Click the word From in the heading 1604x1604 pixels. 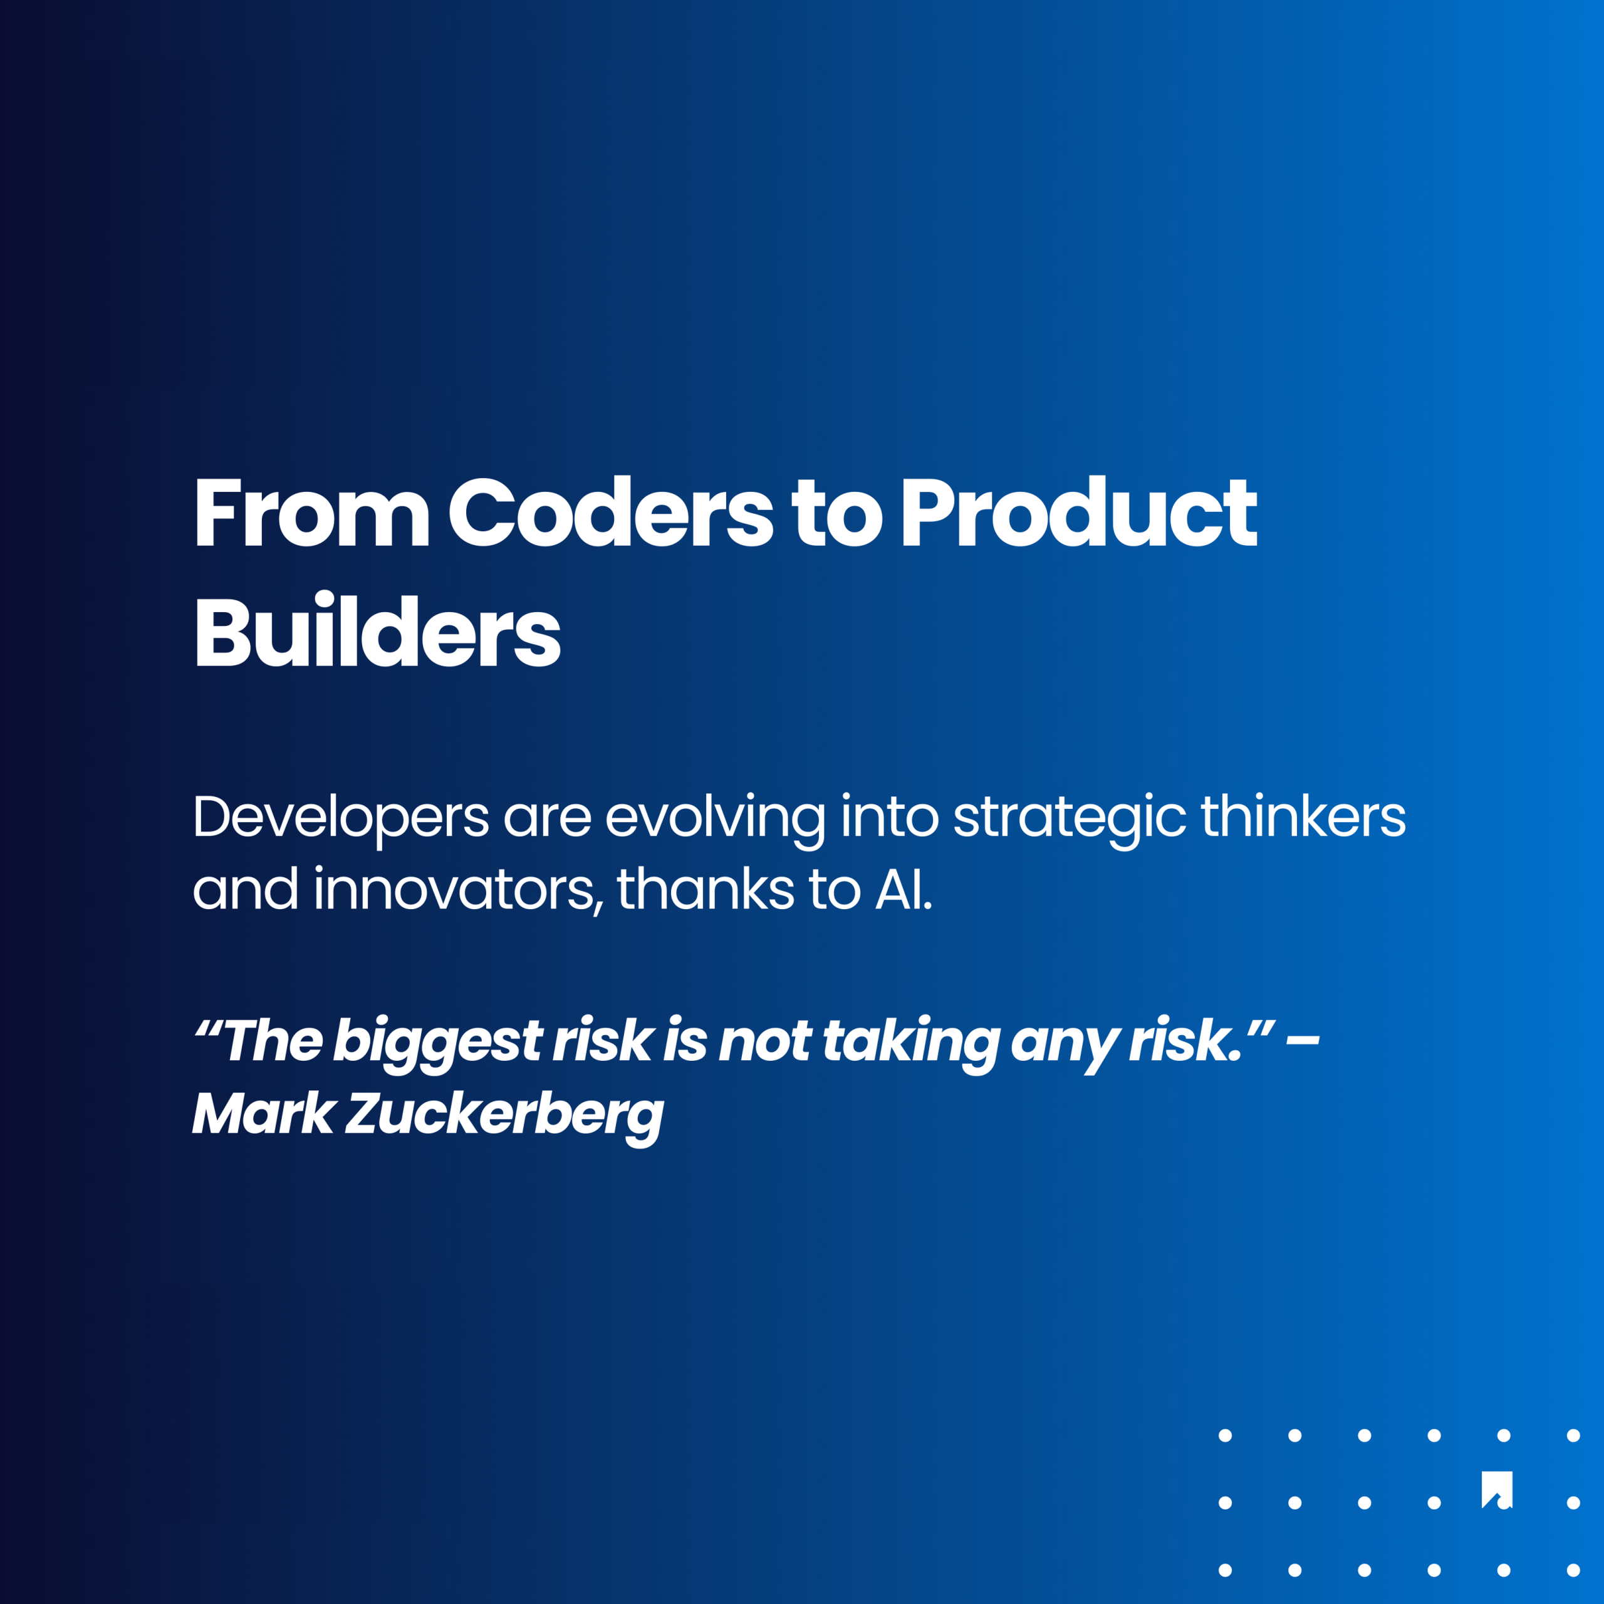click(311, 513)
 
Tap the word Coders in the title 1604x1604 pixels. click(610, 513)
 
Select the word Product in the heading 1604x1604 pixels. click(1080, 513)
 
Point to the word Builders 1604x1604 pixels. click(378, 633)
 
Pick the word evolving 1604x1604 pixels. click(715, 818)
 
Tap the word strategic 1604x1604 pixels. click(1070, 818)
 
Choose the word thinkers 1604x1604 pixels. click(1303, 818)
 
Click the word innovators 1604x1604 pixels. click(455, 890)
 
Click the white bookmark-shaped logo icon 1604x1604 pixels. click(1497, 1489)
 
